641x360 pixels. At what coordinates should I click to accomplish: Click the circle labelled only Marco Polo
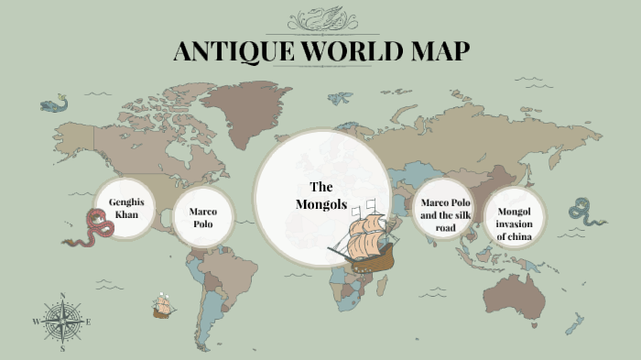coord(202,217)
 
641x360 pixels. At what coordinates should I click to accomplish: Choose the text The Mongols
coord(321,194)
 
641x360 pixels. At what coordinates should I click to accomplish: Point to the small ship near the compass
coord(164,305)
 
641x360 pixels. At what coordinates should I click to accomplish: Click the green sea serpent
coord(586,215)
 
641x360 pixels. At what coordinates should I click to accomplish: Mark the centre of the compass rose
coord(62,322)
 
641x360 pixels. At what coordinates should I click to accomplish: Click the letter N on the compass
coord(62,295)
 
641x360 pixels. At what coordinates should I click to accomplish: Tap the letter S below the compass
coord(62,349)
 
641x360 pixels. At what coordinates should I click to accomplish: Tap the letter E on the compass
coord(89,322)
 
